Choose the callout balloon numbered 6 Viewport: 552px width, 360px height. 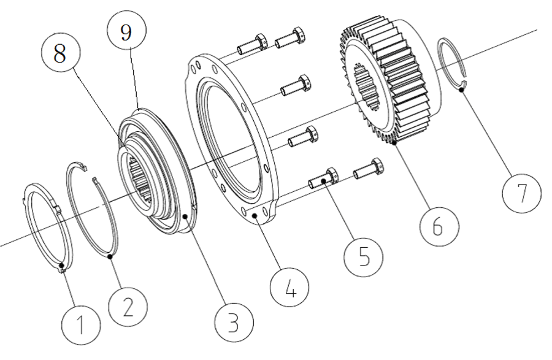(x=437, y=226)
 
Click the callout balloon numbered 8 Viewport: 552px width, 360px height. (x=59, y=55)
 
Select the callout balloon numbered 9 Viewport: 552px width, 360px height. (x=125, y=32)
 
